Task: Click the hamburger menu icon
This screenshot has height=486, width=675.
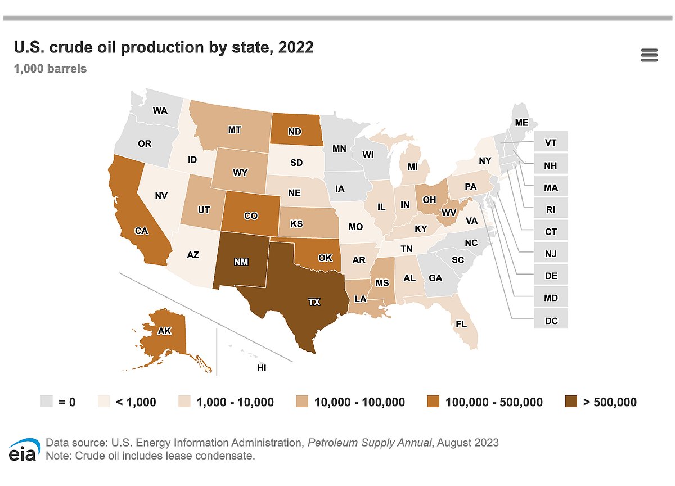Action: (x=649, y=55)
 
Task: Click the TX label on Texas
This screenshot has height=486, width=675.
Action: (x=314, y=302)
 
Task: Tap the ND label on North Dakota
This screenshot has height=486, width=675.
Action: (x=294, y=132)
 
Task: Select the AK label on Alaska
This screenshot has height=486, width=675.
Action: (x=164, y=331)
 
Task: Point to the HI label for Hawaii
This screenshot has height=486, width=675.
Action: (x=262, y=368)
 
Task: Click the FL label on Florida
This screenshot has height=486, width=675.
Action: (x=461, y=324)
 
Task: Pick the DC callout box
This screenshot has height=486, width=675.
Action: (x=551, y=318)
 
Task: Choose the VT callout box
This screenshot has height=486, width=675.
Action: (x=551, y=141)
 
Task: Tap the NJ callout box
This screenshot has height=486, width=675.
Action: (x=551, y=252)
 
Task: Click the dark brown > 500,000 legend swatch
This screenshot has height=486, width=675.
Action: (x=571, y=402)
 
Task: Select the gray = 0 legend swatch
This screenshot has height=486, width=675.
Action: (x=46, y=402)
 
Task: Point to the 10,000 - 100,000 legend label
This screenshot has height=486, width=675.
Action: (x=359, y=402)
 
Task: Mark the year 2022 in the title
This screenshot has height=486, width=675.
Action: (x=296, y=47)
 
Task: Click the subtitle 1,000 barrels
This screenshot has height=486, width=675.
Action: (x=50, y=69)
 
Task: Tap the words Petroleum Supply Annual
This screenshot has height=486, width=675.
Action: (x=370, y=443)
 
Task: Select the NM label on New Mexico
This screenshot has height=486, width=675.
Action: (x=241, y=262)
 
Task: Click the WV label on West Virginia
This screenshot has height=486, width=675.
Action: (x=449, y=213)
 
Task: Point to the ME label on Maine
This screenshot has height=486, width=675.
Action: (x=521, y=123)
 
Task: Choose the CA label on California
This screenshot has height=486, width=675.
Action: (x=141, y=231)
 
